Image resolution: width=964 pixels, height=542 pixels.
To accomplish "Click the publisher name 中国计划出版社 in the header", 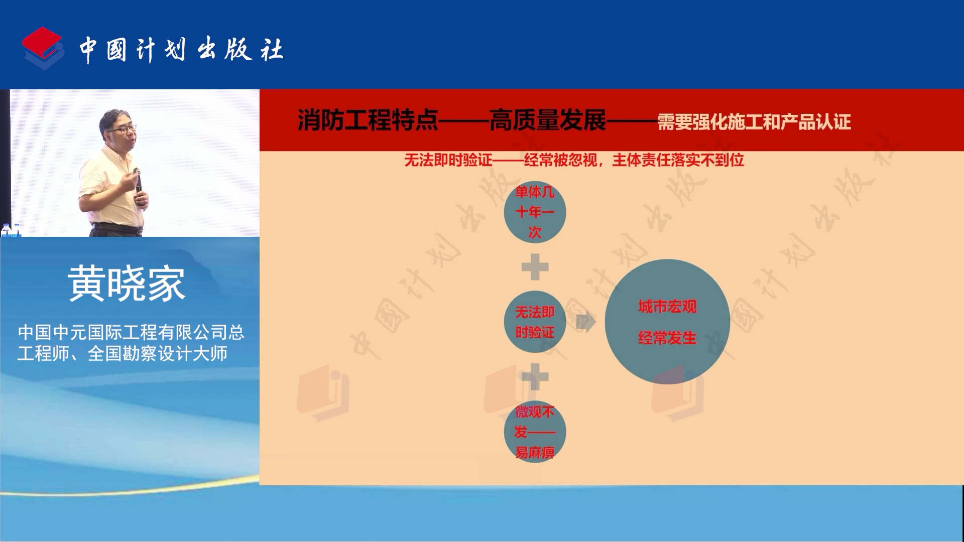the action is tap(181, 50).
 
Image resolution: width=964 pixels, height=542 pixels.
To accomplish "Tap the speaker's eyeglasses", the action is tap(122, 129).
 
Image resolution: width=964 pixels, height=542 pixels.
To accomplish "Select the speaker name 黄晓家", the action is tap(127, 284).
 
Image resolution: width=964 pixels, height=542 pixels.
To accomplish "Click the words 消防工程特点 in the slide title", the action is tap(368, 120).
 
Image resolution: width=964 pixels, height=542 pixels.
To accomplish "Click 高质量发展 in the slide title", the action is tap(548, 120).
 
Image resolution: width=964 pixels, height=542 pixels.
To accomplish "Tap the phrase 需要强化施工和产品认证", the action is tap(754, 122).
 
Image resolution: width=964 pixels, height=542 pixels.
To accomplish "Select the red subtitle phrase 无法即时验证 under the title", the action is tap(448, 160).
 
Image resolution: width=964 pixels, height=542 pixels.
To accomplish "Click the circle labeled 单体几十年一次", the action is tap(535, 212).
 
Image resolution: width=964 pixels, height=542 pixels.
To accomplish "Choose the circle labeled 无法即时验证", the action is tap(535, 322).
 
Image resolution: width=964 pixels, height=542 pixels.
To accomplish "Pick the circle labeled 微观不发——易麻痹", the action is tap(535, 432).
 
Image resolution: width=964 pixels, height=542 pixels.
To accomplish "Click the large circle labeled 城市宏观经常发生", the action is tap(667, 322).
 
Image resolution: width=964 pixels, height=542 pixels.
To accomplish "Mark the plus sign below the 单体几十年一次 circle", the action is tap(535, 266).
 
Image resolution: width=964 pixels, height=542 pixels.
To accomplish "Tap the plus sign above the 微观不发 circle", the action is tap(535, 376).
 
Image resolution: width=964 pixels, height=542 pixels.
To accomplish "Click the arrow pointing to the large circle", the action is tap(586, 322).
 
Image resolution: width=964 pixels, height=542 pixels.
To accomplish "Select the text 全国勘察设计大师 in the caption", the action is tap(158, 354).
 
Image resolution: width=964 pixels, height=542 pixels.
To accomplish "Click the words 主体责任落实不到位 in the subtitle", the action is tap(678, 160).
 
